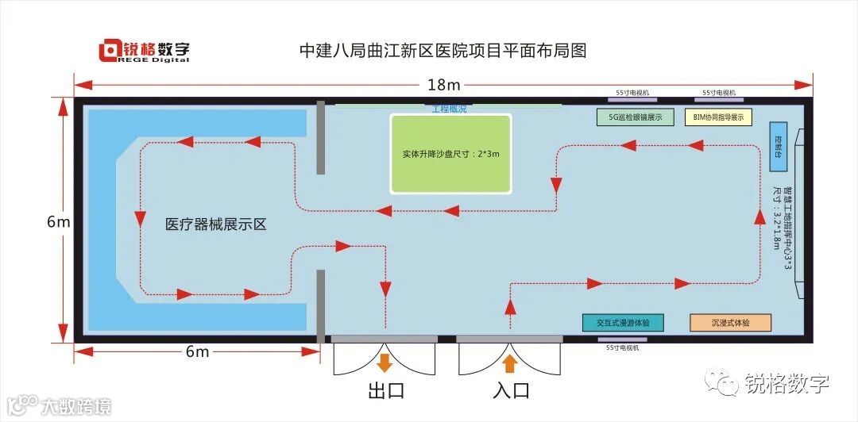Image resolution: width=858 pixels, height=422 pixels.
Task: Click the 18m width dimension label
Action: [x=443, y=84]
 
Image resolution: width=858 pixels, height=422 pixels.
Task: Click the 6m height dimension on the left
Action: [x=59, y=222]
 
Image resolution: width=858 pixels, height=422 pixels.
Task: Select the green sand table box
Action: [x=450, y=154]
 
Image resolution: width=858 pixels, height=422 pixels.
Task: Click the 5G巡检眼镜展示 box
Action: [x=635, y=117]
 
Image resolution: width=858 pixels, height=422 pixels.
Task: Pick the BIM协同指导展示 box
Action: [x=718, y=117]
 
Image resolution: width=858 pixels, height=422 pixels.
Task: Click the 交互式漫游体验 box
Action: [x=623, y=323]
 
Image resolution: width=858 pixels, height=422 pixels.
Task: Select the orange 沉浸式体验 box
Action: [x=730, y=323]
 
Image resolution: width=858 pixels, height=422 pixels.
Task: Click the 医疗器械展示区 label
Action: [x=215, y=224]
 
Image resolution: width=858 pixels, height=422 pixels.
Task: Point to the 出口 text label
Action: [x=386, y=390]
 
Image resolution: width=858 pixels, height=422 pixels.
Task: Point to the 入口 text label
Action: [x=511, y=390]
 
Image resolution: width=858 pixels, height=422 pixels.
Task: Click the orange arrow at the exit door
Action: [x=385, y=363]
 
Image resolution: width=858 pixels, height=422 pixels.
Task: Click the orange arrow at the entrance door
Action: [x=509, y=363]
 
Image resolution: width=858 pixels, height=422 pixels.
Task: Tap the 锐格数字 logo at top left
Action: [x=144, y=52]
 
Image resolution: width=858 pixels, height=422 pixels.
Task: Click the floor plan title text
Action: [x=443, y=52]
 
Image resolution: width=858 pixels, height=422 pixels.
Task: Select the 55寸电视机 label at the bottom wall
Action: [x=622, y=347]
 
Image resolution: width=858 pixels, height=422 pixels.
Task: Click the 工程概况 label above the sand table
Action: [x=449, y=109]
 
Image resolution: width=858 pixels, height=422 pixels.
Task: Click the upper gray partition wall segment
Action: [x=320, y=137]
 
